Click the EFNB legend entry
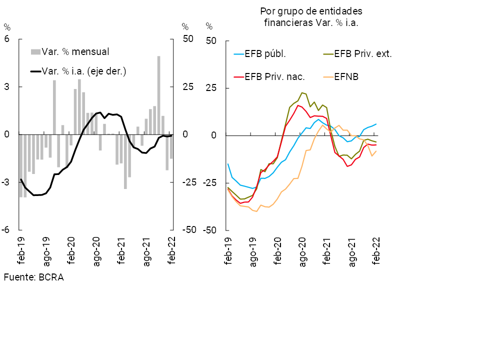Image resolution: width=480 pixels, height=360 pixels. pyautogui.click(x=346, y=76)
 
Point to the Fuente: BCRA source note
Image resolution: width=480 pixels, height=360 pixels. pyautogui.click(x=33, y=277)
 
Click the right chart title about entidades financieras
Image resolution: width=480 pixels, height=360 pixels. pyautogui.click(x=310, y=17)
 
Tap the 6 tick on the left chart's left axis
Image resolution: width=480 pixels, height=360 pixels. pyautogui.click(x=7, y=39)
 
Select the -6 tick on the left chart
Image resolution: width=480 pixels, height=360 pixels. pyautogui.click(x=6, y=230)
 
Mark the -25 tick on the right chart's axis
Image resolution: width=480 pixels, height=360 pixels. pyautogui.click(x=210, y=183)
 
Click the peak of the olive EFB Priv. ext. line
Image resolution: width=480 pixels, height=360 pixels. pyautogui.click(x=302, y=92)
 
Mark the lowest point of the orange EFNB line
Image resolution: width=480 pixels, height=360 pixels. pyautogui.click(x=256, y=211)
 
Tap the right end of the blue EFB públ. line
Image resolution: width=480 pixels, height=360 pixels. pyautogui.click(x=376, y=124)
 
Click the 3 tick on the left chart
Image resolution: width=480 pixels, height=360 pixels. pyautogui.click(x=7, y=87)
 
